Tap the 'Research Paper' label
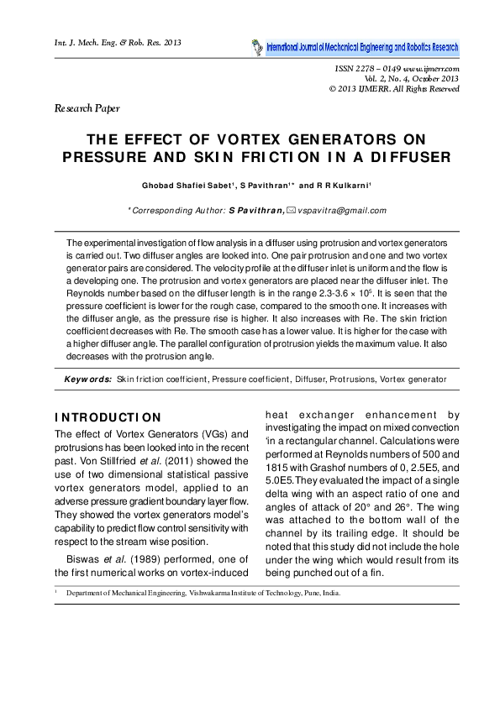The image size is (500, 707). (87, 108)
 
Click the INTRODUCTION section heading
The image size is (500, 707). (107, 418)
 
